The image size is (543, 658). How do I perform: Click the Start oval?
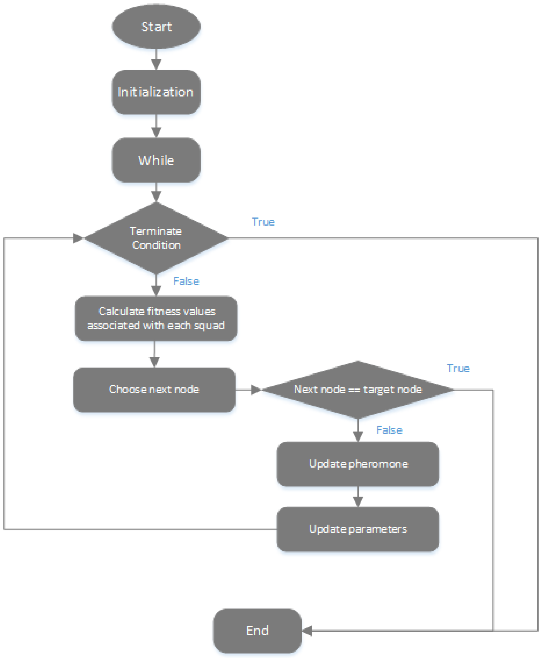(x=156, y=27)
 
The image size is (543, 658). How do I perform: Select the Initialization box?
(x=156, y=92)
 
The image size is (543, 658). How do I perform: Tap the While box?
(x=156, y=160)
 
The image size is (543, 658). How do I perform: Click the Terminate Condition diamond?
(x=156, y=238)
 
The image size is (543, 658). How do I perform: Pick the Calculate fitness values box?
(x=156, y=318)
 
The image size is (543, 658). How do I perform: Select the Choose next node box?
(x=154, y=389)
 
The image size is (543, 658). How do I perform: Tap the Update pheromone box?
(x=358, y=464)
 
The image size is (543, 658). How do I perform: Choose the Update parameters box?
(x=358, y=529)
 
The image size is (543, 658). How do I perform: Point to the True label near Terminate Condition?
(x=263, y=222)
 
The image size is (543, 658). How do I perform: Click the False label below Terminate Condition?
(x=186, y=281)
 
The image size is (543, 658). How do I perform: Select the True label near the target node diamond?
(x=458, y=368)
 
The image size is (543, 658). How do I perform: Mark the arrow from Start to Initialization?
(x=156, y=60)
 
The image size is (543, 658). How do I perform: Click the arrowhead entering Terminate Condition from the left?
(x=78, y=238)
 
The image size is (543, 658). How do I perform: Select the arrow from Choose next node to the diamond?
(x=249, y=390)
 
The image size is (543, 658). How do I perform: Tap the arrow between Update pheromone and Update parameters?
(x=358, y=497)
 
